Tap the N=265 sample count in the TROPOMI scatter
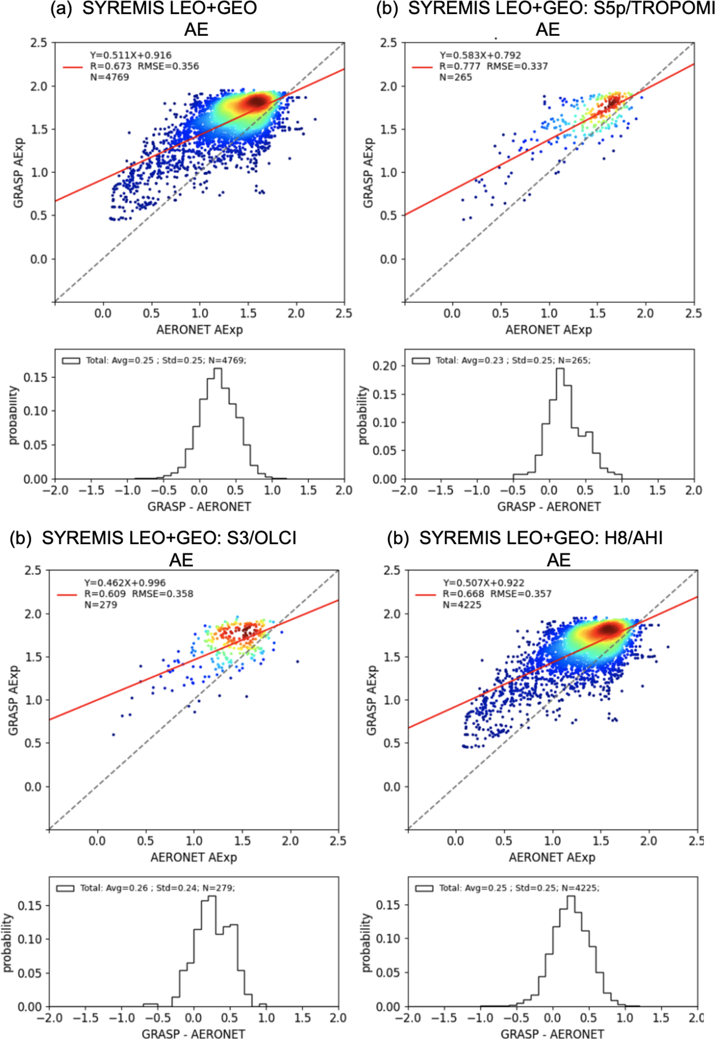click(x=456, y=77)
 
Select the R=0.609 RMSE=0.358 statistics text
click(x=139, y=594)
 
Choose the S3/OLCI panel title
click(x=169, y=538)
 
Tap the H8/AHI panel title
click(x=540, y=538)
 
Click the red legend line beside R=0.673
click(x=73, y=67)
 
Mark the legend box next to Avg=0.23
click(x=421, y=361)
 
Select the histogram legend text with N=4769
click(x=166, y=360)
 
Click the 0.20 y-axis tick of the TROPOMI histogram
click(x=384, y=366)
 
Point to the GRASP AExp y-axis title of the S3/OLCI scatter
click(x=13, y=700)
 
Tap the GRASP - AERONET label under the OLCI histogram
click(x=193, y=1033)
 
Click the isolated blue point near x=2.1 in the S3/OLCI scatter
click(x=297, y=661)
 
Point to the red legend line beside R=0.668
click(x=425, y=594)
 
